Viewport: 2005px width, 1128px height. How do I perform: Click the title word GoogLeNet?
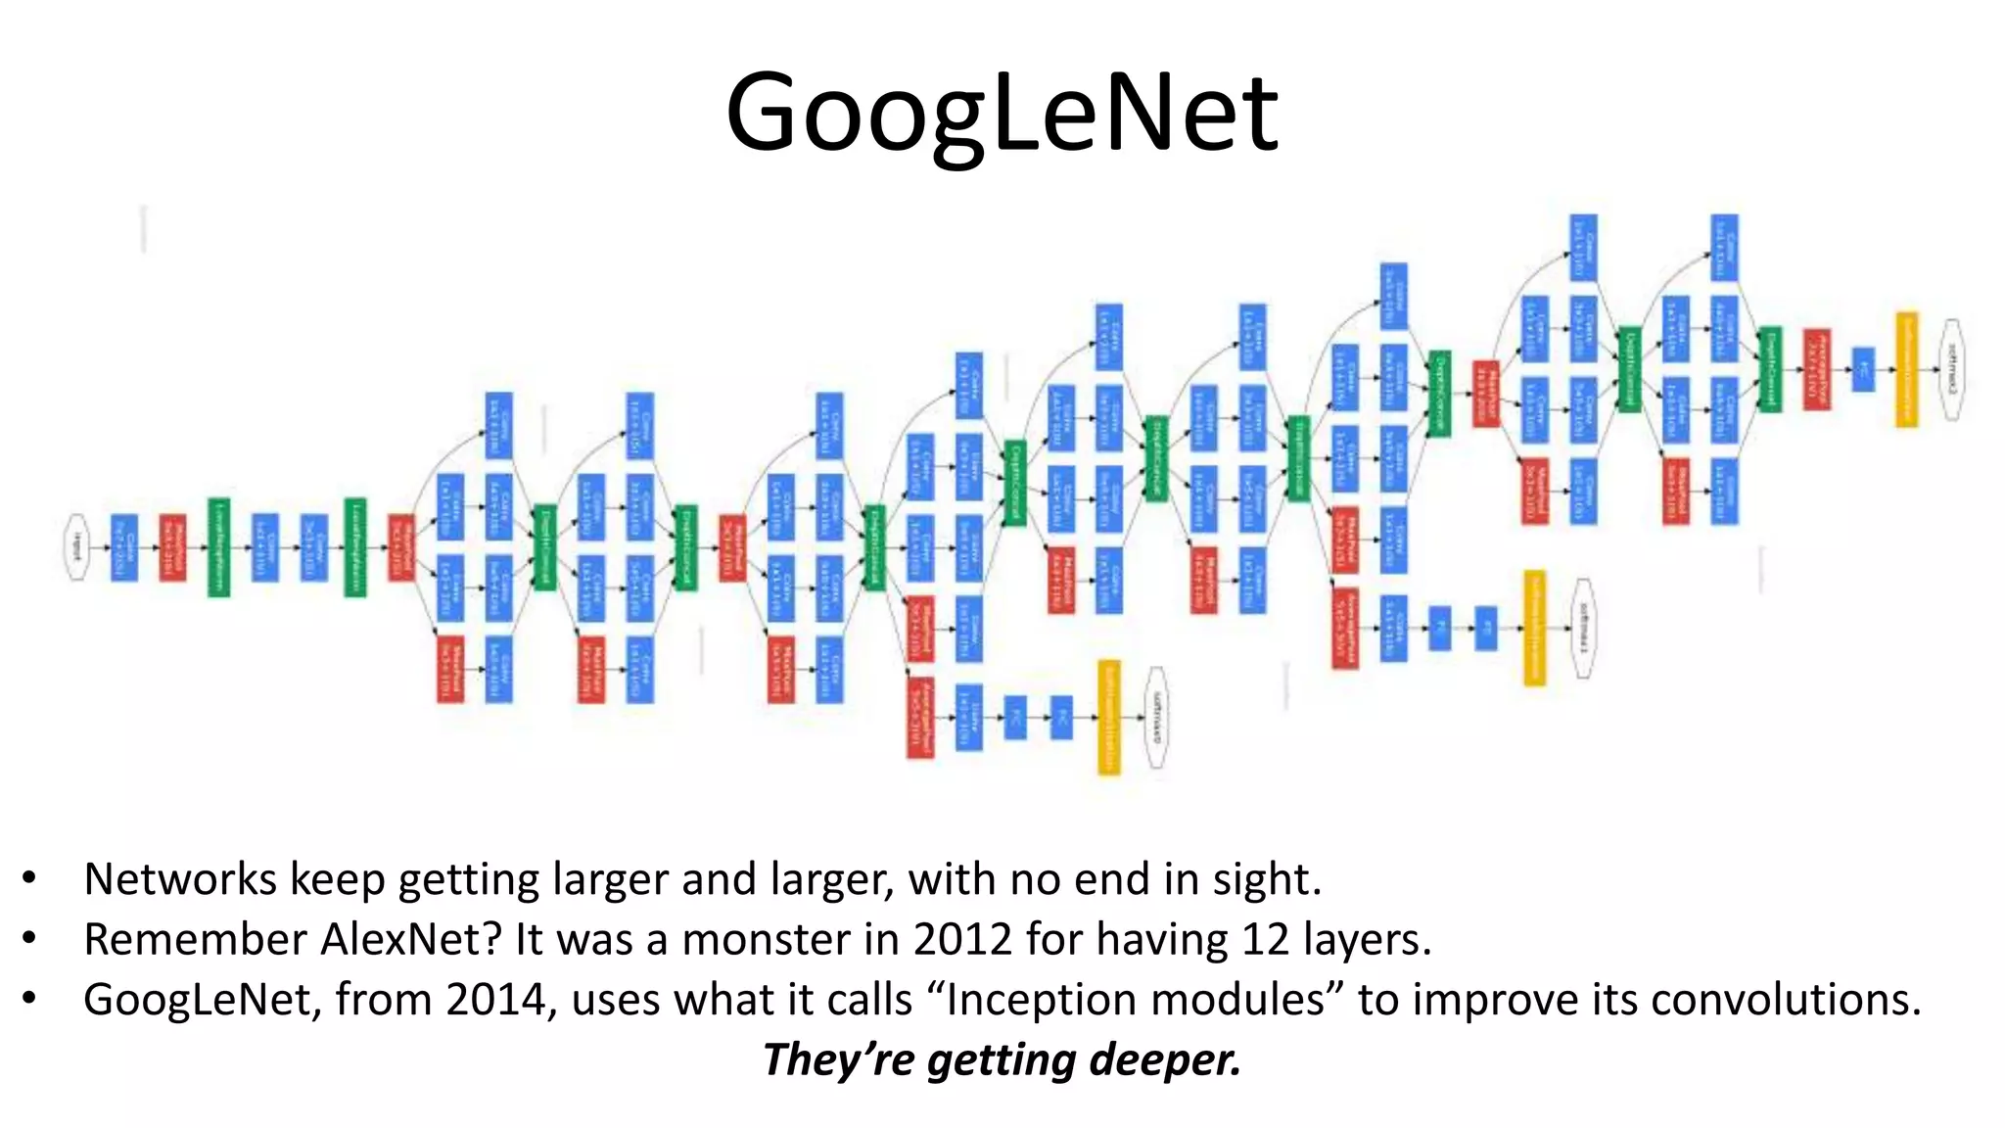(x=1002, y=113)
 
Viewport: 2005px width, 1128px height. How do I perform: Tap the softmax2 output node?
(x=1952, y=369)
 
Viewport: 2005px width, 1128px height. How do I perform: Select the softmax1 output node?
(x=1583, y=628)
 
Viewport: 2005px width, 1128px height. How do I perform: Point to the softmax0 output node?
(x=1156, y=718)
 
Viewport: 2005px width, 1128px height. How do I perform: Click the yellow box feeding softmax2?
(x=1906, y=369)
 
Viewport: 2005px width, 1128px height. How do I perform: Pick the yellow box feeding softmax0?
(x=1108, y=718)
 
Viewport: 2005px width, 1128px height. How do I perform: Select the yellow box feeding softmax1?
(x=1534, y=628)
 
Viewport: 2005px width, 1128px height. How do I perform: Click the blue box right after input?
(x=124, y=546)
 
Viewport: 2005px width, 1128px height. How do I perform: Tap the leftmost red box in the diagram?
(x=172, y=546)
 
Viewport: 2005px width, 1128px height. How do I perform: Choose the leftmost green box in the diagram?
(x=219, y=546)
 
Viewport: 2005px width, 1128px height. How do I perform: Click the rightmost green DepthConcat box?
(x=1769, y=369)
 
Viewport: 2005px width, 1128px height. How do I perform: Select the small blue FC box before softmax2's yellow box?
(x=1863, y=369)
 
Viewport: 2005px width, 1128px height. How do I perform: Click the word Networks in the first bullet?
(x=179, y=879)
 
